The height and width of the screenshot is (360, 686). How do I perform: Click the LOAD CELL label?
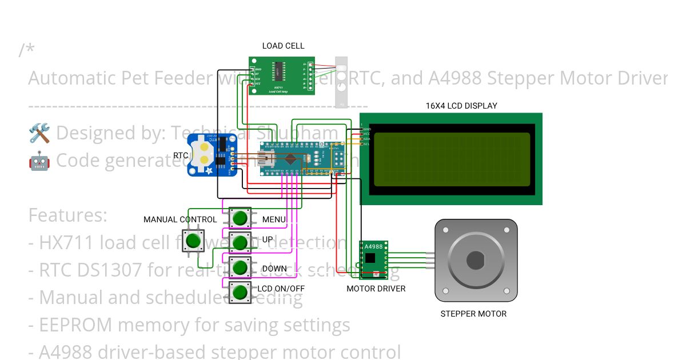pyautogui.click(x=283, y=46)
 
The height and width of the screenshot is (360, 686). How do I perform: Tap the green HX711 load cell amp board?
pyautogui.click(x=282, y=75)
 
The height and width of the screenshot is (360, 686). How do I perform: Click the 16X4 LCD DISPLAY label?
pyautogui.click(x=461, y=106)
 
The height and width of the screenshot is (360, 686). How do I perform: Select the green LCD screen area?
pyautogui.click(x=451, y=159)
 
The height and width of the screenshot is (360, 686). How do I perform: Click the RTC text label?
pyautogui.click(x=181, y=155)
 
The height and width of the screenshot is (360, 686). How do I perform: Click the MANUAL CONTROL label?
pyautogui.click(x=180, y=219)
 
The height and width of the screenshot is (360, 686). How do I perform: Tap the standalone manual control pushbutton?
pyautogui.click(x=193, y=241)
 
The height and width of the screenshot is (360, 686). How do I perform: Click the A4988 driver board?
pyautogui.click(x=373, y=257)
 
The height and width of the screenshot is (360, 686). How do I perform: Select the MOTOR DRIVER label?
pyautogui.click(x=376, y=289)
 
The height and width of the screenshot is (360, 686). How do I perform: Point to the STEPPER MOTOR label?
pyautogui.click(x=473, y=314)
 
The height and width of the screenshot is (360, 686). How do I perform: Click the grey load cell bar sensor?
pyautogui.click(x=341, y=82)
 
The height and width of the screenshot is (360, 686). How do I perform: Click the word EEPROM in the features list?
pyautogui.click(x=76, y=325)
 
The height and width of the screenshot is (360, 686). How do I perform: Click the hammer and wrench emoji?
pyautogui.click(x=39, y=133)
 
